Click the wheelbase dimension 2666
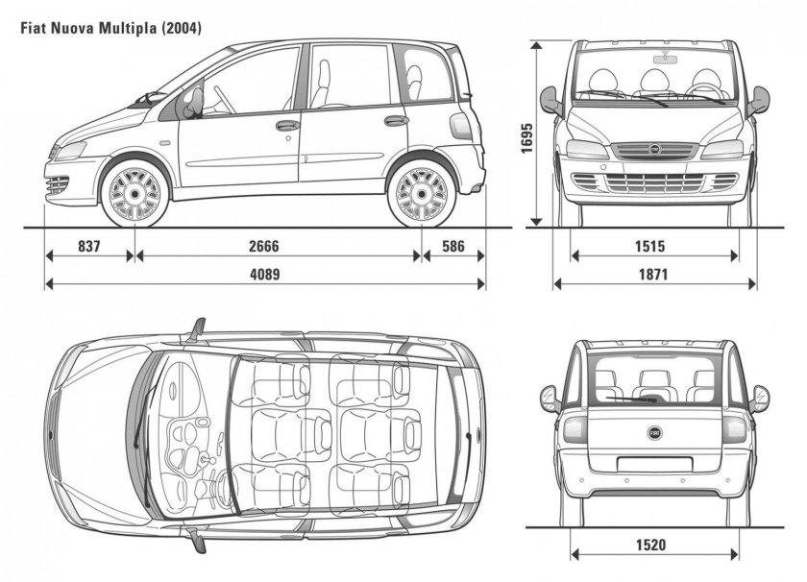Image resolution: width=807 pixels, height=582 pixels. (263, 246)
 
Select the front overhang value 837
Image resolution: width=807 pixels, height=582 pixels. (89, 246)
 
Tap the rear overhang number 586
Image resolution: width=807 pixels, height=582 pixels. (453, 246)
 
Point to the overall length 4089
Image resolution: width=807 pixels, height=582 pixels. (264, 274)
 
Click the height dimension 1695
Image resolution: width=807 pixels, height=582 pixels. (526, 138)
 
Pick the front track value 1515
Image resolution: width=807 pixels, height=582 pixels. (649, 246)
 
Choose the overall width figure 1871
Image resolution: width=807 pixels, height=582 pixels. (653, 274)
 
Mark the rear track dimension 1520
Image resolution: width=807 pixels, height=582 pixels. (650, 544)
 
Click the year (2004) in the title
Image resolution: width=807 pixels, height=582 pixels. (182, 28)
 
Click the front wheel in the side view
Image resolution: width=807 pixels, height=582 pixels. (134, 193)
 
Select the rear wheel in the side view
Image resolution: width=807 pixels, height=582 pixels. (422, 193)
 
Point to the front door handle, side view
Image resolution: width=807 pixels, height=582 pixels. (287, 125)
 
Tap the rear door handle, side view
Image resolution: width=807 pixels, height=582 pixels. (396, 121)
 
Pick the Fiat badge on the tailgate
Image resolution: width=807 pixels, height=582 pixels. (654, 433)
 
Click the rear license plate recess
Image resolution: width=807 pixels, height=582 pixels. (653, 463)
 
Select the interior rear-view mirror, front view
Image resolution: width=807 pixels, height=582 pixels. (665, 59)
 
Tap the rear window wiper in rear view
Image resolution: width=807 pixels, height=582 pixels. (631, 399)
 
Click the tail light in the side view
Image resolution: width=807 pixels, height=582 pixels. (460, 126)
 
